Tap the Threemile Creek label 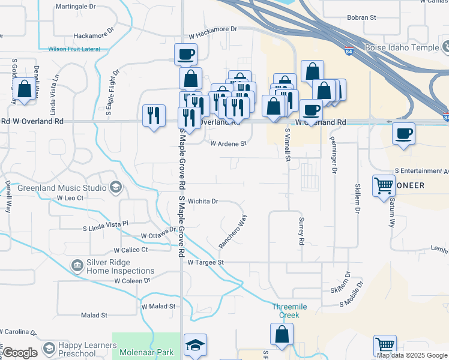click(289, 310)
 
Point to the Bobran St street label click(361, 17)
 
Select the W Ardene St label click(228, 143)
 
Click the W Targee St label click(205, 262)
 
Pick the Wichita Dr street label click(202, 202)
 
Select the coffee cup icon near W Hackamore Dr click(186, 54)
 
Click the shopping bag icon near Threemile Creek click(282, 334)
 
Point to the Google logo click(20, 353)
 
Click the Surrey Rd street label click(301, 231)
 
